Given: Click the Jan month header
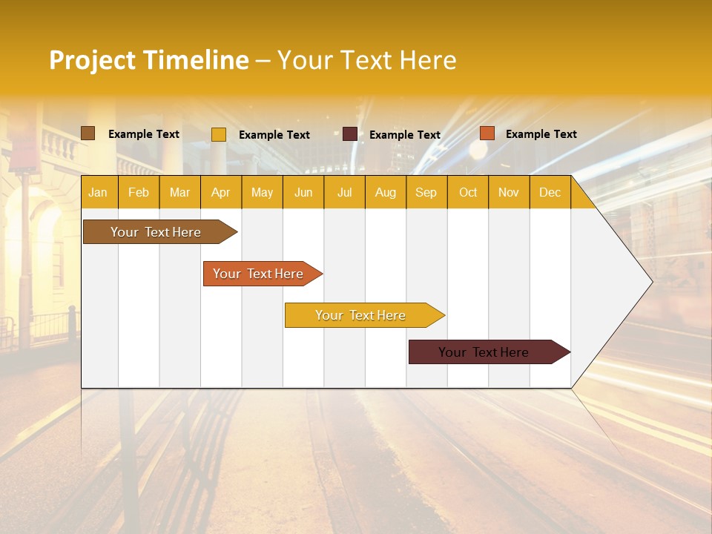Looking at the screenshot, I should click(x=99, y=192).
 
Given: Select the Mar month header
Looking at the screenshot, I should click(x=179, y=192).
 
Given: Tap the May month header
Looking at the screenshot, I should click(x=262, y=192).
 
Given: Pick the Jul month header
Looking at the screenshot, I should click(x=344, y=192).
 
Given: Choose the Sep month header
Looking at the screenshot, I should click(x=426, y=192).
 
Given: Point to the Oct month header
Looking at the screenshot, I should click(x=467, y=192).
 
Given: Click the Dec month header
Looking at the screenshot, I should click(x=550, y=192).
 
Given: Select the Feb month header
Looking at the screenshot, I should click(x=139, y=192).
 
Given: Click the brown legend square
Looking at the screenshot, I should click(x=88, y=133).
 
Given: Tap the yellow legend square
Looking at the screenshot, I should click(x=219, y=134).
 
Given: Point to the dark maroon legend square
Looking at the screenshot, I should click(x=350, y=134).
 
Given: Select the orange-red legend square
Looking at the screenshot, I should click(x=487, y=133).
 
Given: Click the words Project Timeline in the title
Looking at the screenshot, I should click(x=149, y=60).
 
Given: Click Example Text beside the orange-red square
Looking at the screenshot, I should click(x=541, y=134).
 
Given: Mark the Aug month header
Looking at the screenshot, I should click(x=385, y=192).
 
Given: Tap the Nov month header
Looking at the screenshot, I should click(x=508, y=192).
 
